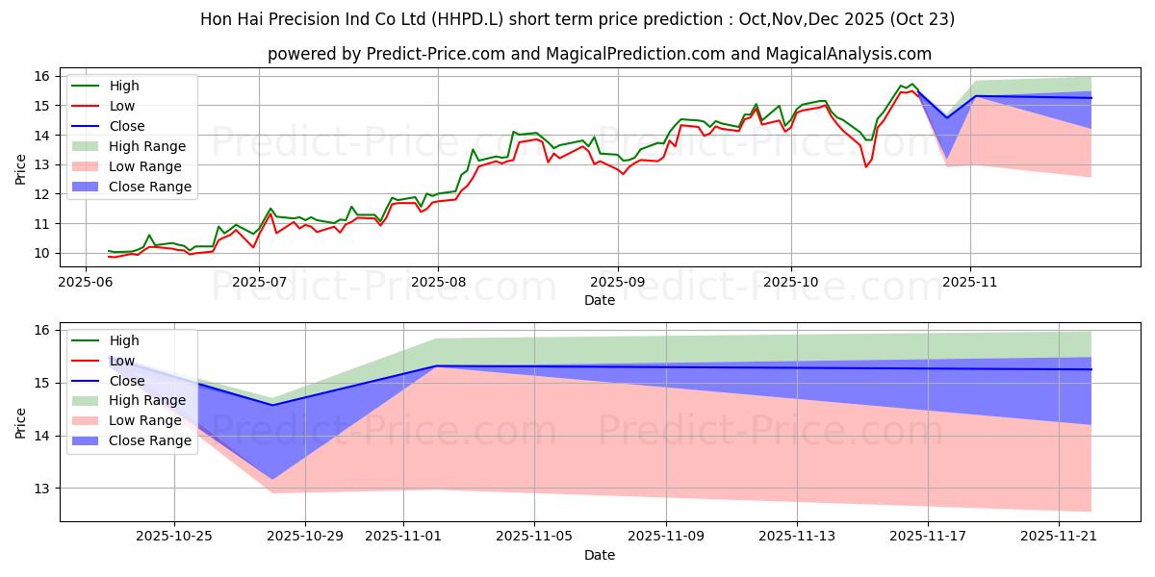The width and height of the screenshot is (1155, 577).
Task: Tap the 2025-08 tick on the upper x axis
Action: click(438, 283)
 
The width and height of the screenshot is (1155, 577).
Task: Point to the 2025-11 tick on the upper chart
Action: click(970, 283)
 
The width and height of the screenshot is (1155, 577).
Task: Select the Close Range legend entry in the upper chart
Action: click(151, 187)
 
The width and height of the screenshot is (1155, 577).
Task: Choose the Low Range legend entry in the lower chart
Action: click(147, 420)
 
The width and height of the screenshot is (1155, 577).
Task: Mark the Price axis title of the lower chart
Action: click(21, 421)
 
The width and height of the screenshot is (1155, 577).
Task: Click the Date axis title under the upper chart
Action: click(599, 300)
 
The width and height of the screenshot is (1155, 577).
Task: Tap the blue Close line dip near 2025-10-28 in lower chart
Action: click(271, 405)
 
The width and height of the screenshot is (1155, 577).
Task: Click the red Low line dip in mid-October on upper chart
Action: click(866, 166)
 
